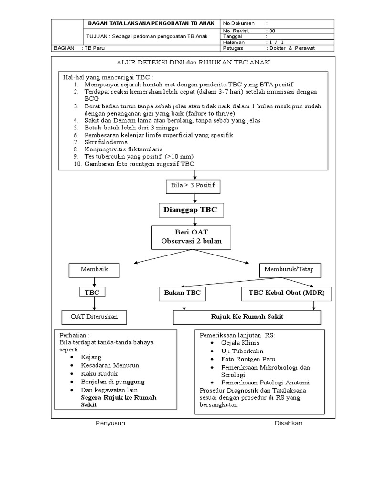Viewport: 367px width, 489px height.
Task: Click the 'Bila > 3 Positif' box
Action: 194,184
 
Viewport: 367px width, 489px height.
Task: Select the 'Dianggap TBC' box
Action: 194,210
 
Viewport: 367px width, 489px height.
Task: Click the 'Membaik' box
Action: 94,270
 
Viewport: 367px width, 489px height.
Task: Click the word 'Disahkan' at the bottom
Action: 288,424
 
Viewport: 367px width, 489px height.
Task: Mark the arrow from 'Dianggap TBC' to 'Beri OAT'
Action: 194,221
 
